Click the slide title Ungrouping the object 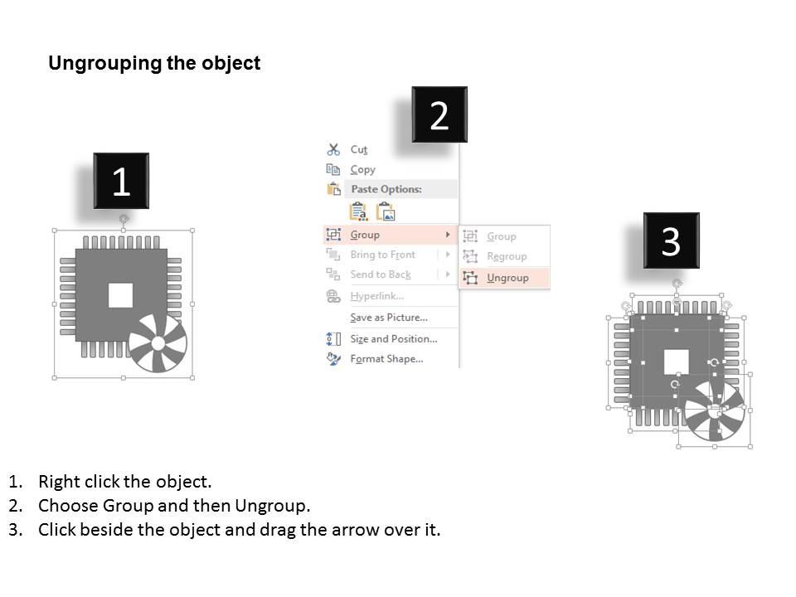154,64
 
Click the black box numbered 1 121,181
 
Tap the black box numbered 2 439,114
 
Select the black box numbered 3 671,240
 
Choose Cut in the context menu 358,149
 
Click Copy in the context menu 362,169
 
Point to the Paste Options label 386,189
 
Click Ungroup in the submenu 507,278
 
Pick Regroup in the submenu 507,256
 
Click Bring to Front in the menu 382,255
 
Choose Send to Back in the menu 380,274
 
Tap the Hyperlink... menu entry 376,296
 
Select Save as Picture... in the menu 388,318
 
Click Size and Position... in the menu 393,338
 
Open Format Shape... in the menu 386,359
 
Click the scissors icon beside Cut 333,149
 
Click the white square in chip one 121,294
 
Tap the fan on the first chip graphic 158,342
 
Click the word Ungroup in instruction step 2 271,506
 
